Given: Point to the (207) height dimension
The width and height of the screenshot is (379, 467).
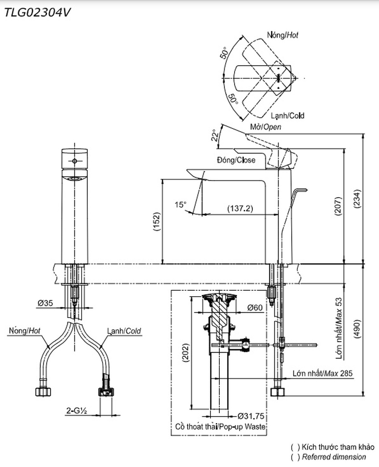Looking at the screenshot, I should [x=339, y=206].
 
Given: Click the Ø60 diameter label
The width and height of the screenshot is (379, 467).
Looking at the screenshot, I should [x=255, y=308].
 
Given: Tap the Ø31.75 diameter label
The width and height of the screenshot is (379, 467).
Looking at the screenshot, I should [x=251, y=416].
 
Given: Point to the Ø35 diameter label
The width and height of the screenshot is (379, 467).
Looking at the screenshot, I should [x=45, y=303].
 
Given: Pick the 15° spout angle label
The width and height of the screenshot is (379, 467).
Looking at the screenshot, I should [x=181, y=205].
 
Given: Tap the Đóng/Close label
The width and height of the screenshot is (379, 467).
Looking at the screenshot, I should [x=236, y=160].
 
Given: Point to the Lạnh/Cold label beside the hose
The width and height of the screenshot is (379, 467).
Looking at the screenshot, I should [x=124, y=331].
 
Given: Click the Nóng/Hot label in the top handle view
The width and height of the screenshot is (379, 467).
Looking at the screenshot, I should [x=283, y=34].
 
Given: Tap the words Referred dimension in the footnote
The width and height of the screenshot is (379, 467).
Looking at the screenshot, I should [x=334, y=457].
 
